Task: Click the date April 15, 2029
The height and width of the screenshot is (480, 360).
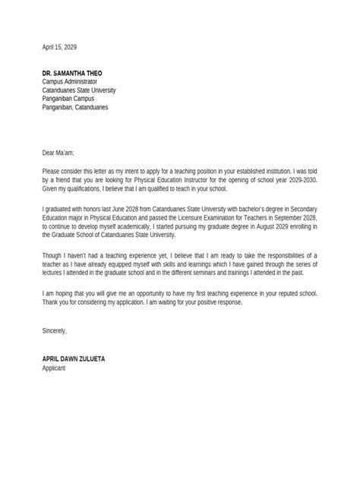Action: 59,47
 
